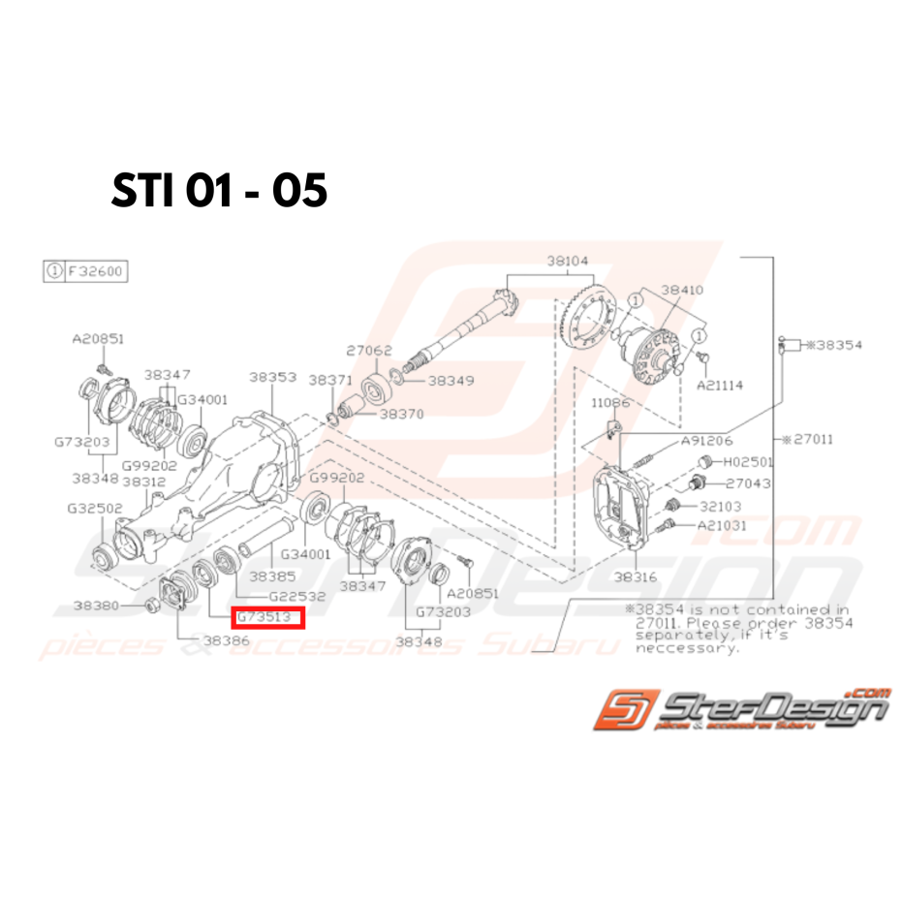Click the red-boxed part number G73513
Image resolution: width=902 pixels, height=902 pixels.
267,618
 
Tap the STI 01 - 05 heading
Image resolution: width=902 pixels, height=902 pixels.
219,191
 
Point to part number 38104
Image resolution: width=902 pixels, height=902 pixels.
567,261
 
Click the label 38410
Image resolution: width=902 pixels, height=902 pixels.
682,290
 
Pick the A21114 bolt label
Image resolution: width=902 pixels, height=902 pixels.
719,385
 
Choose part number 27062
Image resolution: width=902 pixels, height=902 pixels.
369,351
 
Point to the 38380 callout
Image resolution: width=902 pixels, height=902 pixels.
97,606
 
